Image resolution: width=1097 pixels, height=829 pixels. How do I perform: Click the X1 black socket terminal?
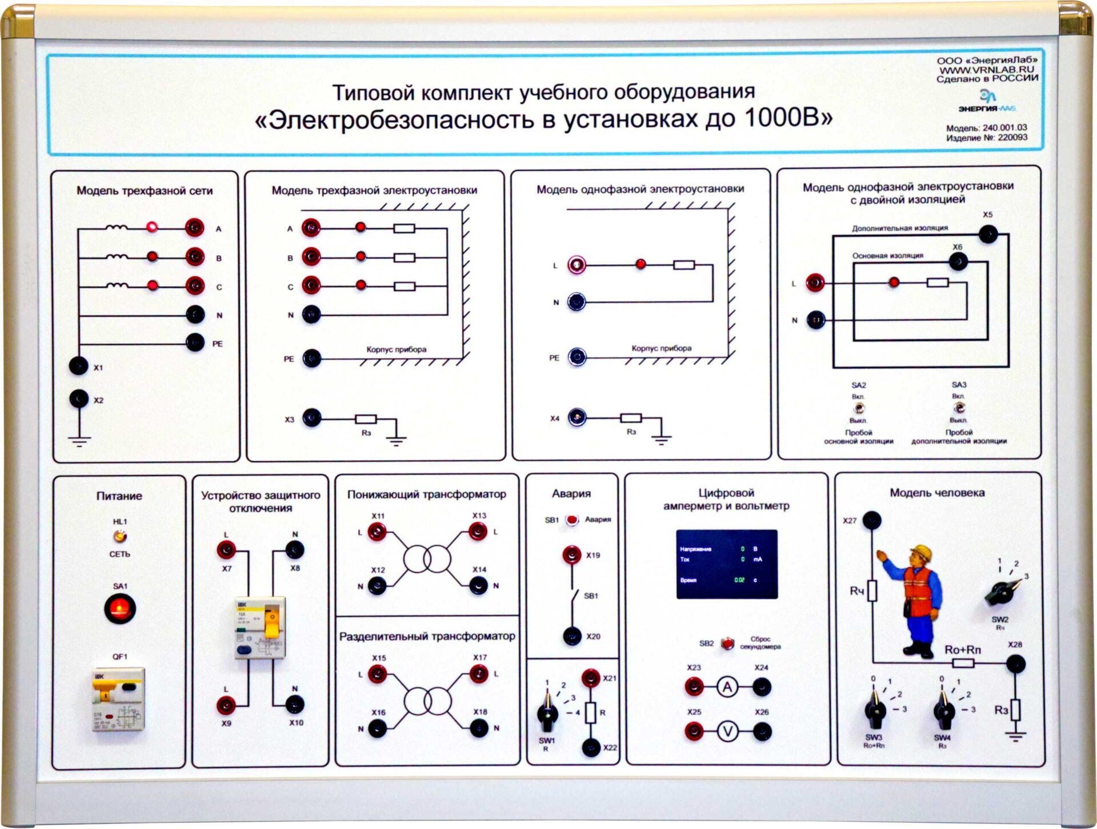tap(78, 365)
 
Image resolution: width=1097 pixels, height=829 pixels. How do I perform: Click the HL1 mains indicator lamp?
tap(119, 536)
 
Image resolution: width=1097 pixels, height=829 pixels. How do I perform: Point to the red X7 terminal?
tap(226, 550)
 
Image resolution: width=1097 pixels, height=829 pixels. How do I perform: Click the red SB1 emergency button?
tap(571, 520)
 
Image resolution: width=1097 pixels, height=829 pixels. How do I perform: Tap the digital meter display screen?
tap(727, 564)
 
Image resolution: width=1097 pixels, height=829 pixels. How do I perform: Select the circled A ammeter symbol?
tap(727, 687)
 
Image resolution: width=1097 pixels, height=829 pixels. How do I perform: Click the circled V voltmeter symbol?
tap(727, 731)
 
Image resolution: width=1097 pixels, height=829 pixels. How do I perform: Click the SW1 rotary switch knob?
tap(547, 714)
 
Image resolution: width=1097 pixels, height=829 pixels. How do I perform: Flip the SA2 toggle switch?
tap(858, 408)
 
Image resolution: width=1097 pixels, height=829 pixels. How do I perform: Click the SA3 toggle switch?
tap(959, 408)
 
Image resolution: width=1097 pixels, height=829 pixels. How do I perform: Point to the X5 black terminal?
tap(988, 234)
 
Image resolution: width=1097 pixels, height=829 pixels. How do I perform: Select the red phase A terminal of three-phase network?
tap(195, 228)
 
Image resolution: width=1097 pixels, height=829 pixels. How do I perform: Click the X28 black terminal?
tap(1015, 664)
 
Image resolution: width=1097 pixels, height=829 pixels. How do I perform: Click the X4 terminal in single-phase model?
tap(577, 417)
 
